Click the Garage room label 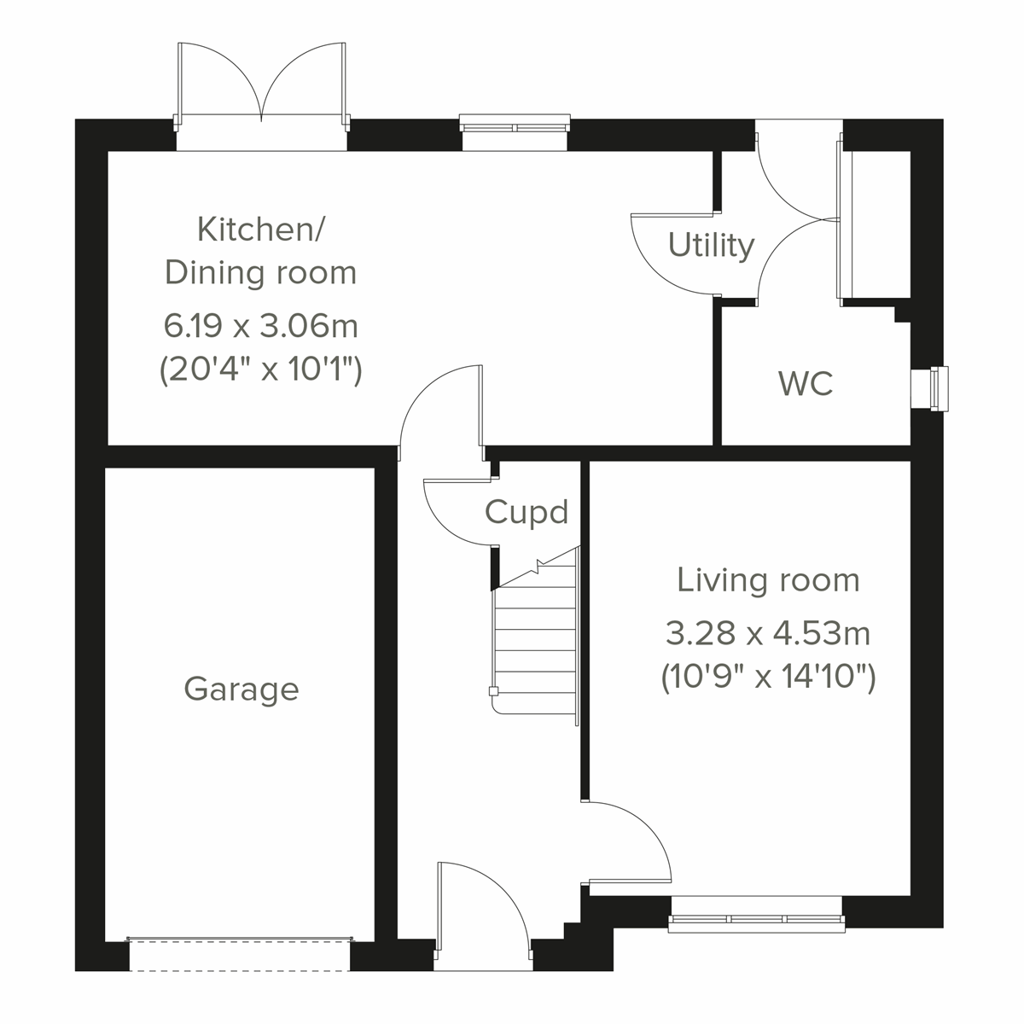pos(241,689)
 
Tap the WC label pos(806,384)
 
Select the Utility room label pos(711,246)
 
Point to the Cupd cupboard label pos(526,513)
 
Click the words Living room pos(768,580)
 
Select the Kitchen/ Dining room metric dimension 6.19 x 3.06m pos(260,326)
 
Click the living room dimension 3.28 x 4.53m pos(768,634)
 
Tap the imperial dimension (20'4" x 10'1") pos(260,371)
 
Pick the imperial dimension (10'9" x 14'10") pos(768,678)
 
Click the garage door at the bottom pos(240,953)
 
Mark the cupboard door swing pos(457,512)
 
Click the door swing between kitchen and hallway pos(439,405)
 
